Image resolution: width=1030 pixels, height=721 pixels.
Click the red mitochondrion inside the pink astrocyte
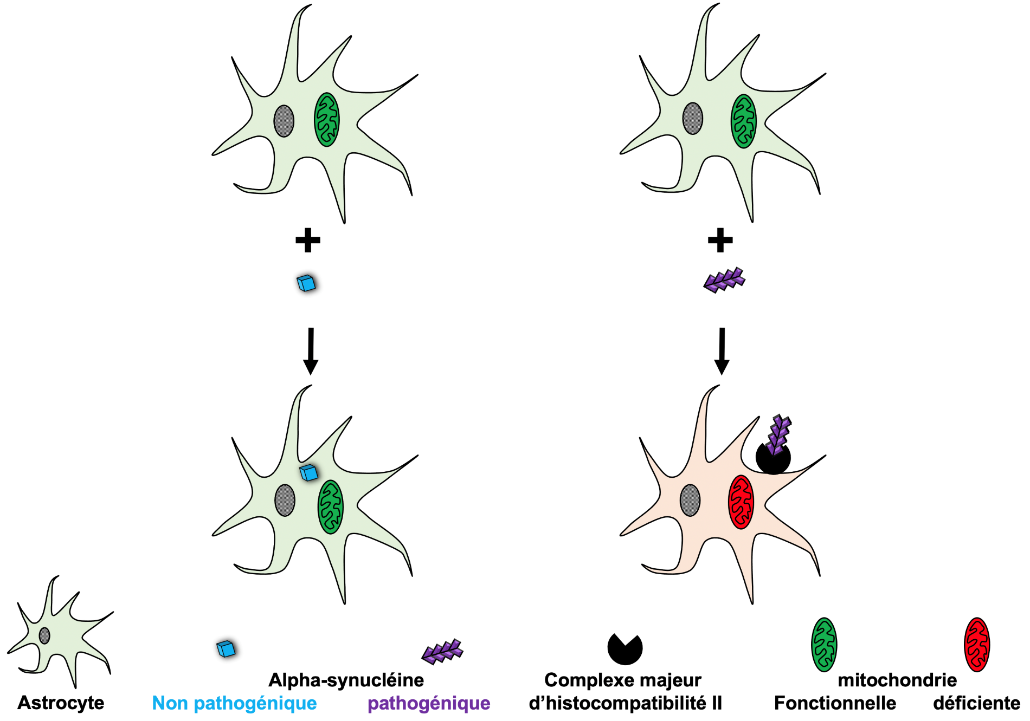[741, 502]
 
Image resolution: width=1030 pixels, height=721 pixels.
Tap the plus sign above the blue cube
[307, 240]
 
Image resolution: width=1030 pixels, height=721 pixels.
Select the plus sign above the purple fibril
[720, 240]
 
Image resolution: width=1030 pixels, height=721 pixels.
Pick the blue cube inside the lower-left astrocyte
[308, 472]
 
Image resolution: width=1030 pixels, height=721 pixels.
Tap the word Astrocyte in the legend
[61, 703]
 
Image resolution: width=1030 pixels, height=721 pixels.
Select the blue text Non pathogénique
[234, 703]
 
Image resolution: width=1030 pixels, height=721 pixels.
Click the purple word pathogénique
[429, 703]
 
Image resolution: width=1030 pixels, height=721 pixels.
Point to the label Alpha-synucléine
[346, 680]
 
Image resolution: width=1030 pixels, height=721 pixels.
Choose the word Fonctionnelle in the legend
[835, 703]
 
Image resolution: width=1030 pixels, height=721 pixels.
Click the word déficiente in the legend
[976, 703]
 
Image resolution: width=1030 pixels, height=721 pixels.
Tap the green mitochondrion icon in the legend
[824, 645]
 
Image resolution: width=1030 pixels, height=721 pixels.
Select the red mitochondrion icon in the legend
[977, 645]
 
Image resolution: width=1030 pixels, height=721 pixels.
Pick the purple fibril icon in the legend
[442, 651]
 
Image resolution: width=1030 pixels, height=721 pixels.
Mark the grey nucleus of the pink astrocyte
[690, 500]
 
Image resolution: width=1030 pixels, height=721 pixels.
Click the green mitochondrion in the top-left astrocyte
[327, 120]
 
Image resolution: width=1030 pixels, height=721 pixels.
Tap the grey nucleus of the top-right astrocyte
[693, 119]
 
